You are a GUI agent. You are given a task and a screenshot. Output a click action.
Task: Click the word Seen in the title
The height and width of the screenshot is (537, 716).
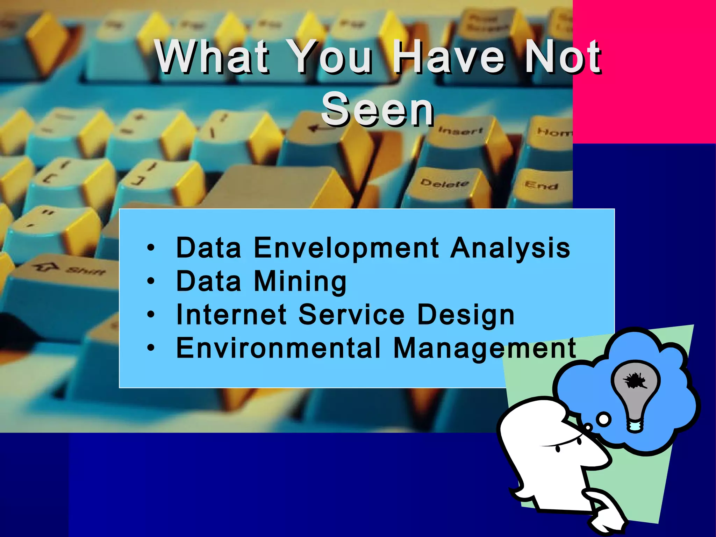pyautogui.click(x=378, y=109)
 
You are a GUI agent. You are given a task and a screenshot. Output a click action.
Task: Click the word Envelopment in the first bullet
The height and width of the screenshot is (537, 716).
pyautogui.click(x=346, y=248)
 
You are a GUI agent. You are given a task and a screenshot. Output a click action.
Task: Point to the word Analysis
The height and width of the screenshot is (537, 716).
pyautogui.click(x=510, y=248)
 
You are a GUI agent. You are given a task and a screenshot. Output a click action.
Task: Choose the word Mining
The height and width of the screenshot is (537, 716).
pyautogui.click(x=300, y=282)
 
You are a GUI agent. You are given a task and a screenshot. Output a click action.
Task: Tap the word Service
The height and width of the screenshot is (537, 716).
pyautogui.click(x=351, y=314)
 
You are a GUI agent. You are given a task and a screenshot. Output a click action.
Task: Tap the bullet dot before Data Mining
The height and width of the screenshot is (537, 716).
pyautogui.click(x=151, y=281)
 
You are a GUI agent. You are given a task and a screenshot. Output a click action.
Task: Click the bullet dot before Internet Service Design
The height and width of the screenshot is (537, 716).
pyautogui.click(x=151, y=314)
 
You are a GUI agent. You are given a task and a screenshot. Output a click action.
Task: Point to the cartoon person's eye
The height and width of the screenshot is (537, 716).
pyautogui.click(x=558, y=448)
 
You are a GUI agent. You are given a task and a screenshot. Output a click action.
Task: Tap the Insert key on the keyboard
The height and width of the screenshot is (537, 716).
pyautogui.click(x=460, y=130)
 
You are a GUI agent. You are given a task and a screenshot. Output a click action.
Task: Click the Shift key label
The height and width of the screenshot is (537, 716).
pyautogui.click(x=86, y=270)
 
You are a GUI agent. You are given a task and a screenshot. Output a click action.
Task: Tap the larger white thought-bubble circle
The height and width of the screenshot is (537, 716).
pyautogui.click(x=604, y=419)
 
